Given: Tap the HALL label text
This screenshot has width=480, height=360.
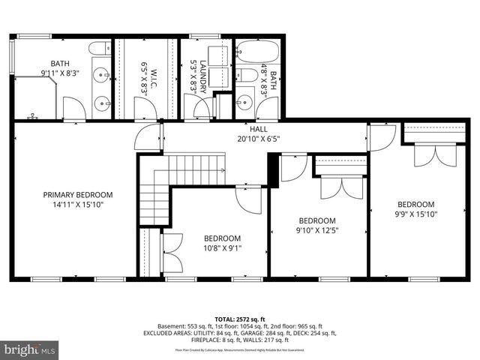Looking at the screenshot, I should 258,129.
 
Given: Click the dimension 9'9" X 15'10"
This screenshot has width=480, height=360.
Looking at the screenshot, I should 415,214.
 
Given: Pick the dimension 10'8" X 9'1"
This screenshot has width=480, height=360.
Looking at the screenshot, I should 222,248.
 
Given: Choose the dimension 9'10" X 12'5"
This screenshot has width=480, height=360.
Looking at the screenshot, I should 316,230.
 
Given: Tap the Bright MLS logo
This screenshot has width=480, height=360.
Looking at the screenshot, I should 30,349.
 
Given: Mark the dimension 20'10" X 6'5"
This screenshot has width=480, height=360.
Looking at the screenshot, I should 258,139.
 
